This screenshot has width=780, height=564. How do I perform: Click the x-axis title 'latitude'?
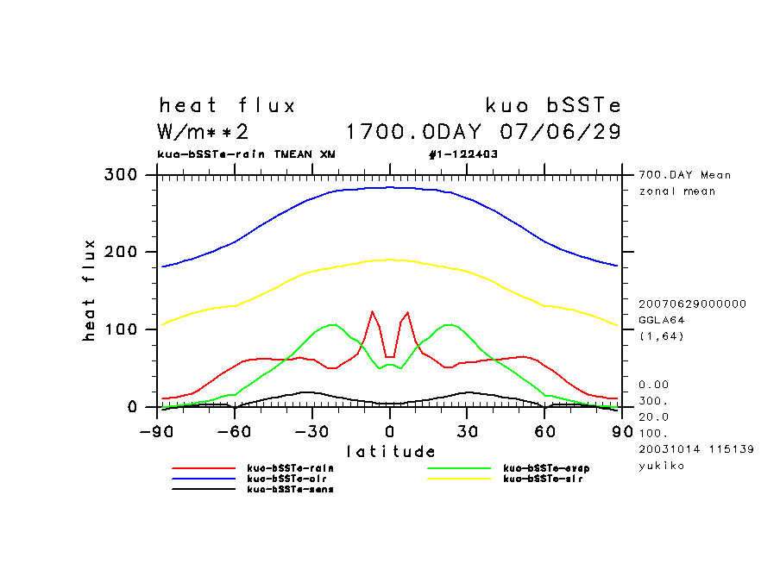click(391, 451)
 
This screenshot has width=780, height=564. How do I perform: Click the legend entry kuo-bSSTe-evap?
click(545, 468)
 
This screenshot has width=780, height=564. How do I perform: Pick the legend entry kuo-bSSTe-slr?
click(543, 479)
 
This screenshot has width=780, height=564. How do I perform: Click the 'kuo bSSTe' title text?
click(553, 106)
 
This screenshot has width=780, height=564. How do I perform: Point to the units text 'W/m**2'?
click(204, 132)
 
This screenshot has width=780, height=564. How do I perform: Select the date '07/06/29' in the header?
click(561, 132)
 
